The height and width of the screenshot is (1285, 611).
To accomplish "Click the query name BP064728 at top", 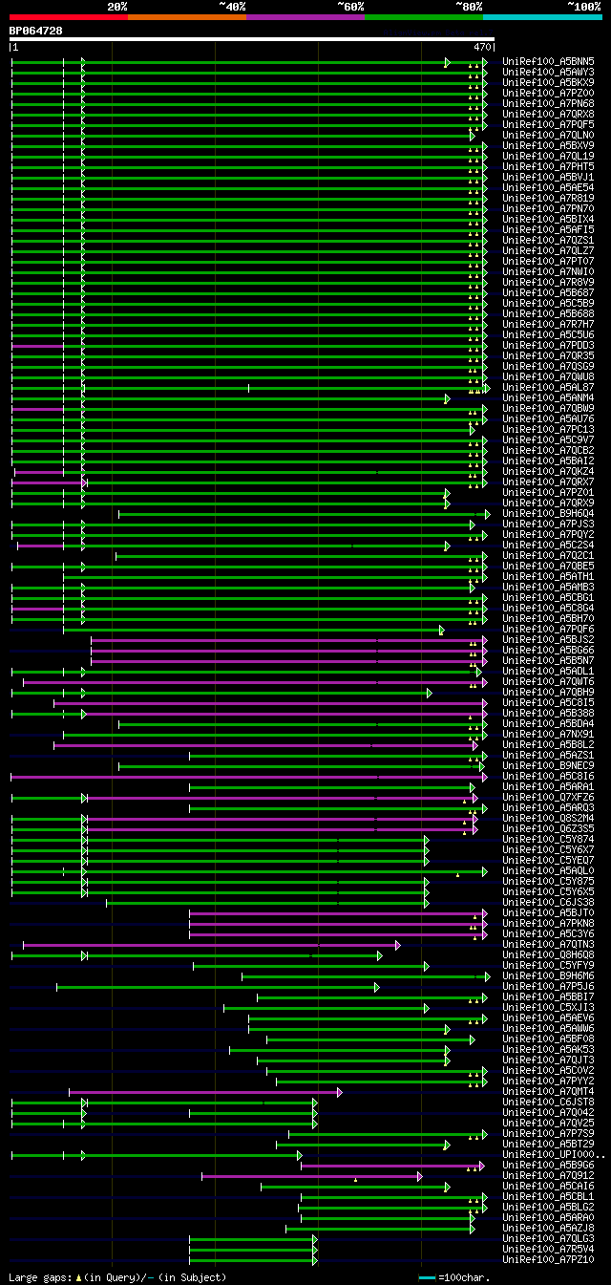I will tap(36, 31).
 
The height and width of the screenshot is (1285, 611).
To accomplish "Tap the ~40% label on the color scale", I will tap(232, 7).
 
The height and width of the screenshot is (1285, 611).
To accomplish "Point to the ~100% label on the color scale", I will tap(583, 7).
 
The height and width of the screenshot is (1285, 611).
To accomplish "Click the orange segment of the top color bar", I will tap(186, 17).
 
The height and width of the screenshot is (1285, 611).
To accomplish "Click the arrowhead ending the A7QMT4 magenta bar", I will tap(339, 1091).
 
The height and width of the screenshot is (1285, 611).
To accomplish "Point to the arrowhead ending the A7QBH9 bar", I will tap(430, 692).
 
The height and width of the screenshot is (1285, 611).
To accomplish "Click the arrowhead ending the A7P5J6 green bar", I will tap(377, 986).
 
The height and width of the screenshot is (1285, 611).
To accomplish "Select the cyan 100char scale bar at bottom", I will tap(427, 1277).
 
